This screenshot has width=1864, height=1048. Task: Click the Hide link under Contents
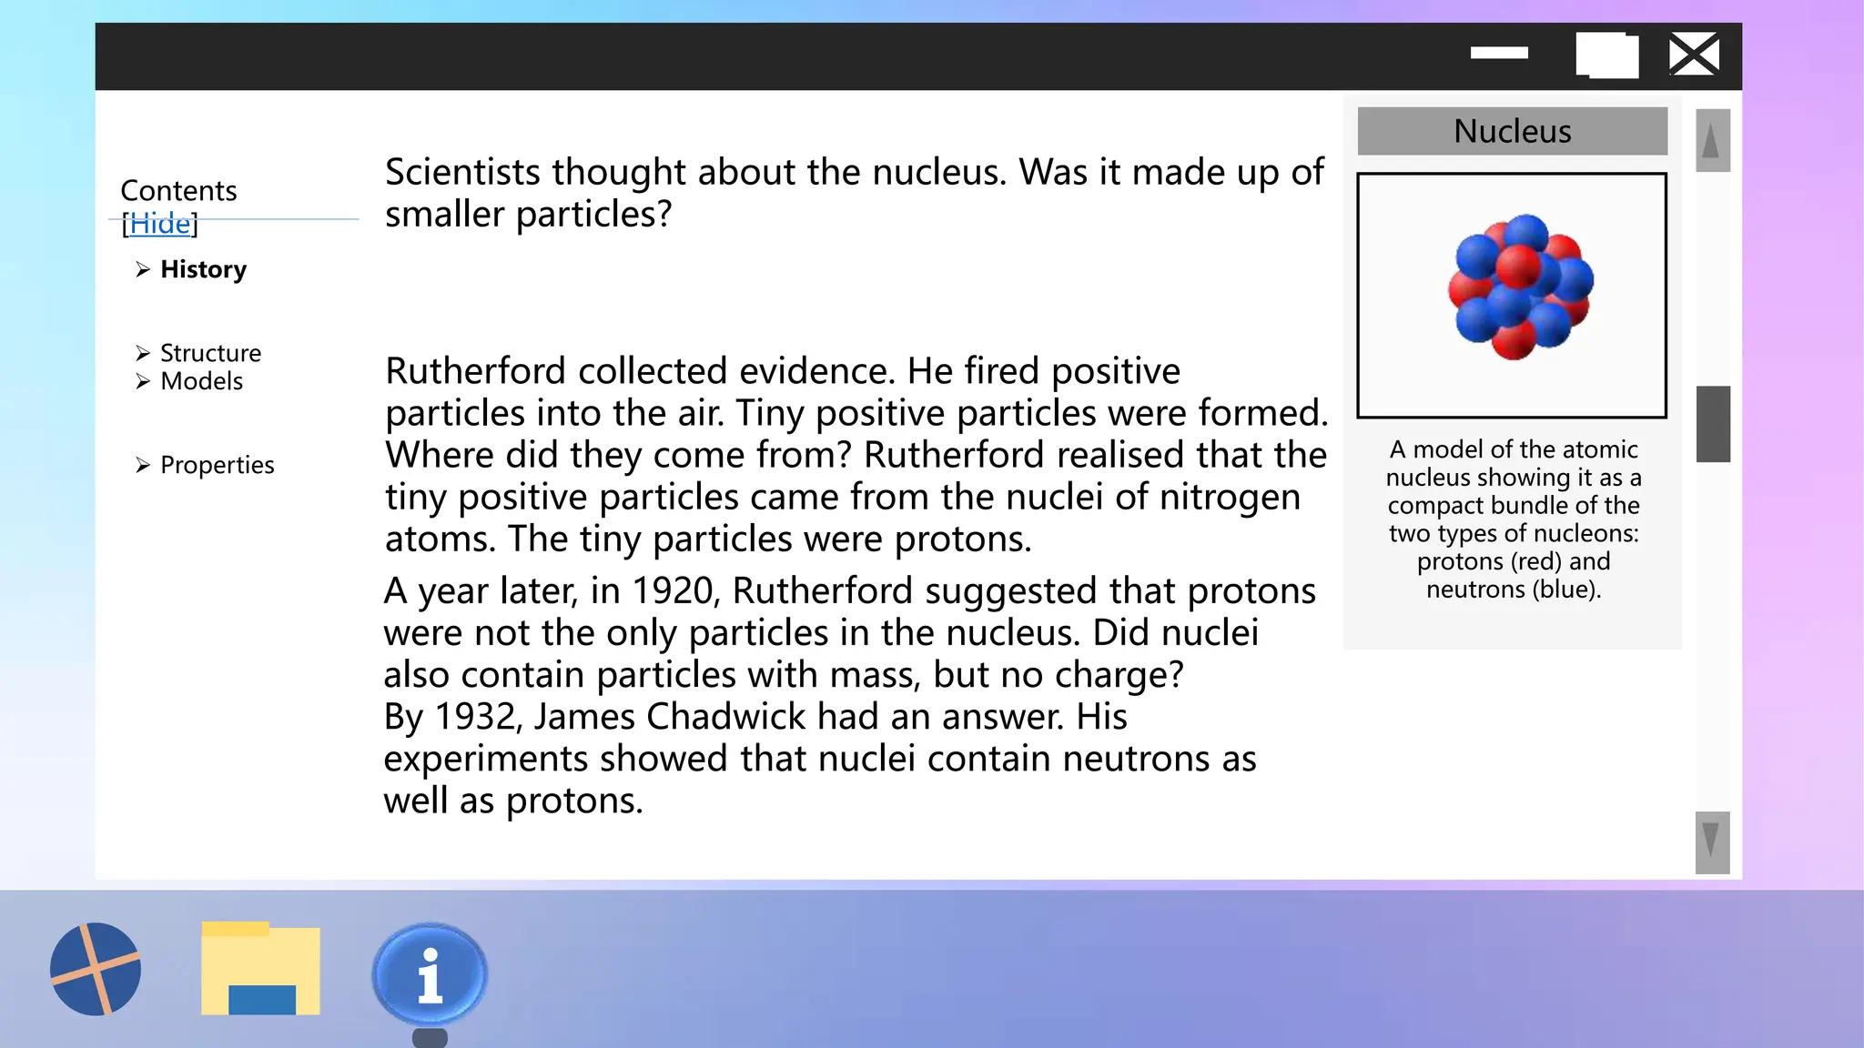coord(160,223)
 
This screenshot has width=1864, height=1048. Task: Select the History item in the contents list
coord(203,269)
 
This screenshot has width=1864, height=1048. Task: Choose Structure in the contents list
coord(210,353)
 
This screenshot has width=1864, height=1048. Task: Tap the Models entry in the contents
coord(201,381)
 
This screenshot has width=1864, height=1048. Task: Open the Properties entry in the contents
coord(217,465)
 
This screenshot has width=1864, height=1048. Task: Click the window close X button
coord(1694,55)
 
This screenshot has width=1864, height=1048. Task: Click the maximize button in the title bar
coord(1606,55)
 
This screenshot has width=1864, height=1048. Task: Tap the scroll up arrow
coord(1711,141)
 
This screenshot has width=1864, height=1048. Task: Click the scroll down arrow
coord(1711,841)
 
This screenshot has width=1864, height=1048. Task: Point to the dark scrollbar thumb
coord(1712,424)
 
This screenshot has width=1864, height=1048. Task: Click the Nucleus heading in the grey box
coord(1512,131)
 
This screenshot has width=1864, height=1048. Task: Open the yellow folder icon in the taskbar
coord(260,969)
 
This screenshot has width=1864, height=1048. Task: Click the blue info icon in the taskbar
coord(430,974)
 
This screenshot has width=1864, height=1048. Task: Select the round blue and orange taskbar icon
coord(96,969)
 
